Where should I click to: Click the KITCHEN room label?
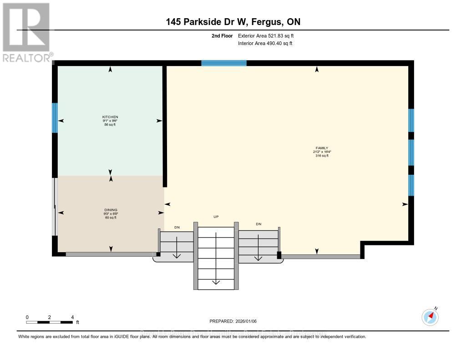tap(110, 117)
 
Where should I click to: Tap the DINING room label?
tap(110, 210)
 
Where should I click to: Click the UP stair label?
tap(216, 217)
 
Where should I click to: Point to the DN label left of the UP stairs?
tap(177, 227)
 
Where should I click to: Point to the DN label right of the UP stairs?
tap(258, 224)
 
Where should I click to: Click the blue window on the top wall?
tap(224, 63)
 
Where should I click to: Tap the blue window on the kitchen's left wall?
tap(55, 117)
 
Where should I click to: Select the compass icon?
tap(430, 317)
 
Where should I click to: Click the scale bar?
tap(49, 322)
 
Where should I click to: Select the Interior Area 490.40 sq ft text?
tap(265, 44)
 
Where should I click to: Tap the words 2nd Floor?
tap(222, 35)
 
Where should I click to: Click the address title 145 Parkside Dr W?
tap(206, 22)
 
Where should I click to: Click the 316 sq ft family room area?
tap(321, 156)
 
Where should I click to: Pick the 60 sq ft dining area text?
tap(110, 218)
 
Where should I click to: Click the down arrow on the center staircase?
tap(216, 282)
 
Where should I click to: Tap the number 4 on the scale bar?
tap(72, 317)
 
